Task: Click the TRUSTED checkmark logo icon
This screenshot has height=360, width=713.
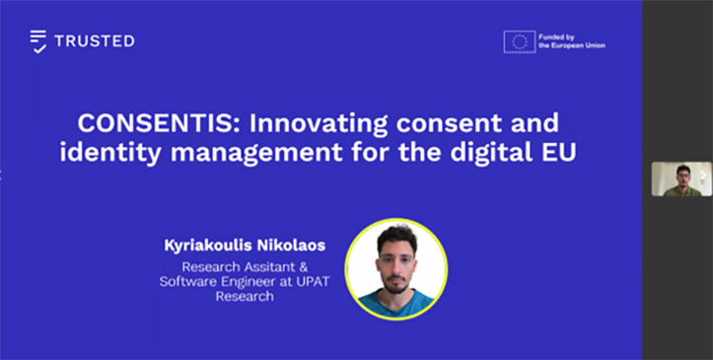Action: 38,41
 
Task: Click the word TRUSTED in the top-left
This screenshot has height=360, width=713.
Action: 95,40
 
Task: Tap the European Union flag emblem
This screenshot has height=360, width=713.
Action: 520,41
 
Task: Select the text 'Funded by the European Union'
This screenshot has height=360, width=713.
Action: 572,41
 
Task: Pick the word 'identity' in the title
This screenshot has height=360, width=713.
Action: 110,153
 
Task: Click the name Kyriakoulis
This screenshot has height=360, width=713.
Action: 206,246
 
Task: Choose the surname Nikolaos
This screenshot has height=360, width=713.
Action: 291,246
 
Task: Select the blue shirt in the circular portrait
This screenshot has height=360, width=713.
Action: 396,302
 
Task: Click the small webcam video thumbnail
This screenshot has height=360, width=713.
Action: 681,180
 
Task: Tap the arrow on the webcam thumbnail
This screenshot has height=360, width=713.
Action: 704,175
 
